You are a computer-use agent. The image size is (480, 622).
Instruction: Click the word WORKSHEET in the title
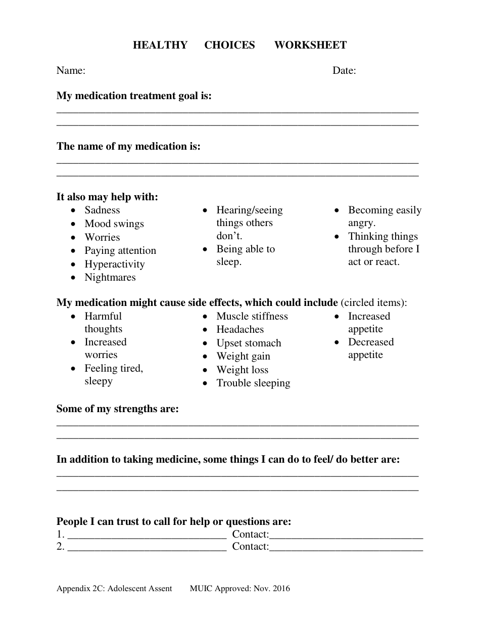310,45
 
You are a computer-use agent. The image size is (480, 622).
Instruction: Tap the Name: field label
71,70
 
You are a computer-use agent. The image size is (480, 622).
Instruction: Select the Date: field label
344,70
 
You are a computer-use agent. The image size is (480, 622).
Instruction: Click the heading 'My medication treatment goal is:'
134,96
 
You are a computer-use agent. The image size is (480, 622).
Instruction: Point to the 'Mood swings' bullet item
114,224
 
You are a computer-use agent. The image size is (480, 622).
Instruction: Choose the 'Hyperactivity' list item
115,264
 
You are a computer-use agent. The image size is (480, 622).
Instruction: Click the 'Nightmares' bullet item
110,277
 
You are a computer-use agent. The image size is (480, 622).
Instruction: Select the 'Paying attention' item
120,250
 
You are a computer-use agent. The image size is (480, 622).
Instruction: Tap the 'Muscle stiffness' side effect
252,316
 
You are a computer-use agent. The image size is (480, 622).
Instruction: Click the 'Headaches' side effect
240,329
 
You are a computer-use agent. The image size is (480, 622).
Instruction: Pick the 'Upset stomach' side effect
249,343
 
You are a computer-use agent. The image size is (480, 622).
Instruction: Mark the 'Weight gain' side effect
243,356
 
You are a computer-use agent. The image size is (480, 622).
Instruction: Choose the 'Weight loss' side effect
243,370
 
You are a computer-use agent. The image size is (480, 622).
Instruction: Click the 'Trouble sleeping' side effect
253,383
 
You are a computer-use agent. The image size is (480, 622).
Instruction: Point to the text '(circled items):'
374,302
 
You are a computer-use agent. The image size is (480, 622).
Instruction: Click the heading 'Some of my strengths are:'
118,409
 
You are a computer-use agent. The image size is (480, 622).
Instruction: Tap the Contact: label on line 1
251,534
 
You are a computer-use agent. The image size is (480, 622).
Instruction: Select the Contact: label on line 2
251,546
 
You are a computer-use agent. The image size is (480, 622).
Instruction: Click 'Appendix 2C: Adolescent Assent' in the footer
114,588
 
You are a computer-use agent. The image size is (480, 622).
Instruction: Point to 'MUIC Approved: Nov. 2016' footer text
240,588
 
